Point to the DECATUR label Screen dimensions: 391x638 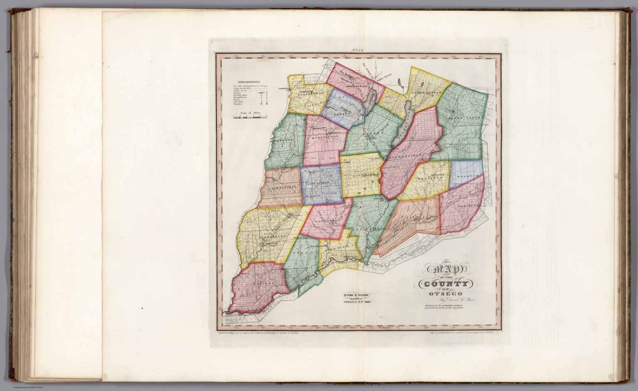[x=467, y=176]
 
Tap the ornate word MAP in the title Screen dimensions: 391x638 [x=444, y=271]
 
